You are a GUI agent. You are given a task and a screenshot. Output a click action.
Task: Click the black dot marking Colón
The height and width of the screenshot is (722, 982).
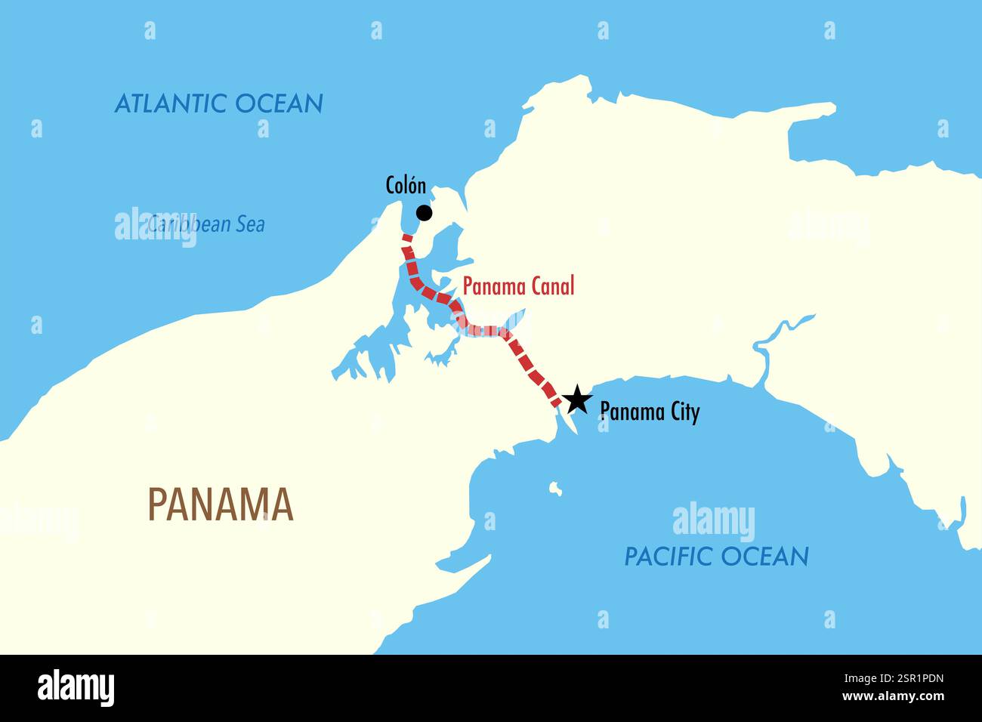click(425, 213)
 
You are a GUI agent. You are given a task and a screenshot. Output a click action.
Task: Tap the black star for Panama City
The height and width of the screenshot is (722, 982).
click(576, 399)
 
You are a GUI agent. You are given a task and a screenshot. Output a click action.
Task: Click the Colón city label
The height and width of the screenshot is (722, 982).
click(406, 186)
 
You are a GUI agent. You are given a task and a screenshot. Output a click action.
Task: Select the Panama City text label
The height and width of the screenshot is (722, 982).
click(650, 412)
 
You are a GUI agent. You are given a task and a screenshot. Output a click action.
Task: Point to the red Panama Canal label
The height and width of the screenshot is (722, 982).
click(518, 286)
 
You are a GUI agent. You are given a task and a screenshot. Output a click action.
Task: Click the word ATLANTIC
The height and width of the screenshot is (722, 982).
click(171, 103)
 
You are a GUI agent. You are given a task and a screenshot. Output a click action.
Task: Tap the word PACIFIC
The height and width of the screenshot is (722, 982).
click(668, 557)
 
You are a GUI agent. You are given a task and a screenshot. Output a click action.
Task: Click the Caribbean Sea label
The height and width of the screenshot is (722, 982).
click(205, 224)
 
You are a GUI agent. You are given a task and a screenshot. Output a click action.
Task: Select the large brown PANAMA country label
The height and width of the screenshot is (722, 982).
click(221, 504)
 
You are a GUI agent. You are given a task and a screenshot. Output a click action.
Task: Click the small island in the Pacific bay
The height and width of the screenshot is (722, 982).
click(556, 489)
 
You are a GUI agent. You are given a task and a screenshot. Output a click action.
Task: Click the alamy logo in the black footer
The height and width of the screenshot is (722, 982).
click(76, 688)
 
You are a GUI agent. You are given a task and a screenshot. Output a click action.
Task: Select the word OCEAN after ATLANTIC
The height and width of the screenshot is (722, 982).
click(279, 103)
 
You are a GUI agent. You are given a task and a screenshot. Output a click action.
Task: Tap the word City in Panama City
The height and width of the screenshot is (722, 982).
click(681, 412)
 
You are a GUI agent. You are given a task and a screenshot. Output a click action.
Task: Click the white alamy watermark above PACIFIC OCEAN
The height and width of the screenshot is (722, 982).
click(713, 521)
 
